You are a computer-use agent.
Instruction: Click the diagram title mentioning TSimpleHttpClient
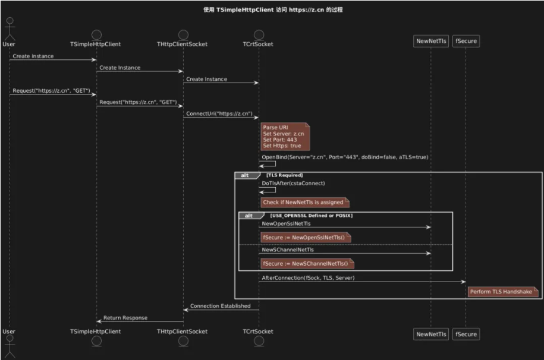[x=273, y=10]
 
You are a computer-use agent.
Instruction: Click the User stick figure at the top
[x=10, y=29]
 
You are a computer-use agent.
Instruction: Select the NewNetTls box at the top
[x=431, y=41]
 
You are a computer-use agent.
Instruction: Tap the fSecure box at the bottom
[x=466, y=334]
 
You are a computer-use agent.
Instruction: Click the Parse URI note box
[x=285, y=136]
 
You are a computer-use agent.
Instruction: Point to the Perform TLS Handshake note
[x=503, y=292]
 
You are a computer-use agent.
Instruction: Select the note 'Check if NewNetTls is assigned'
[x=304, y=202]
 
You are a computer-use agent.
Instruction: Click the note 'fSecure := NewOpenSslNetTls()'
[x=306, y=237]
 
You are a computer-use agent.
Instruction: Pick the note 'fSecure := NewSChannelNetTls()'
[x=307, y=264]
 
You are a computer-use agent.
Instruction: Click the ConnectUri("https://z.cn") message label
[x=219, y=113]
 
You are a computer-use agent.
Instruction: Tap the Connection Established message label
[x=221, y=306]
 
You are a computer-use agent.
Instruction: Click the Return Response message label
[x=125, y=318]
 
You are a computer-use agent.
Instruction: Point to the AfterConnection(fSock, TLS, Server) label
[x=308, y=278]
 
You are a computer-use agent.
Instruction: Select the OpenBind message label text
[x=345, y=157]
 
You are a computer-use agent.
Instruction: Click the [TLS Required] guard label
[x=285, y=175]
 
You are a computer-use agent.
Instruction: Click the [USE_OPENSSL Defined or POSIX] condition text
[x=311, y=216]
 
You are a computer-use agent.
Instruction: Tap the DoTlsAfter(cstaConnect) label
[x=293, y=183]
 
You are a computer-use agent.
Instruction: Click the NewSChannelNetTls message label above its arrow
[x=288, y=250]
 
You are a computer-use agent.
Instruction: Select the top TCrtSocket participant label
[x=258, y=44]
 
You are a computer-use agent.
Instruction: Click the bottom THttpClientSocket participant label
[x=182, y=331]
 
